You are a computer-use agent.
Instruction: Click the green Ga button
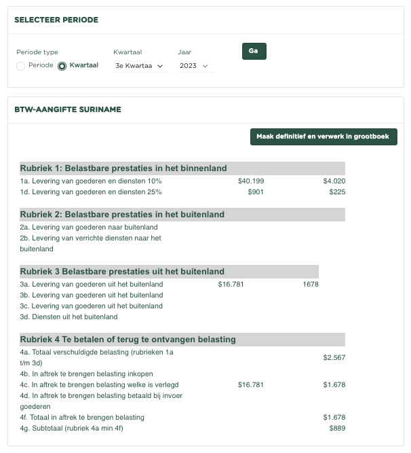pyautogui.click(x=254, y=52)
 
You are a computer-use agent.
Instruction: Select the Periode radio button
pyautogui.click(x=21, y=66)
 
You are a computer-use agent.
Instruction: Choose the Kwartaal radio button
pyautogui.click(x=62, y=66)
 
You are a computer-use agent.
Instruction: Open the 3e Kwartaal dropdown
pyautogui.click(x=140, y=66)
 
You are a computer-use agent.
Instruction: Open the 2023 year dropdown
pyautogui.click(x=194, y=66)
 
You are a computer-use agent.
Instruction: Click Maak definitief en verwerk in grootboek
pyautogui.click(x=324, y=137)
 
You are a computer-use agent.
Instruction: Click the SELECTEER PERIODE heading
pyautogui.click(x=56, y=20)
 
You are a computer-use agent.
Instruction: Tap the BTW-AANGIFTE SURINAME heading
pyautogui.click(x=67, y=109)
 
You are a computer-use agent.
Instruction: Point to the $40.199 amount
pyautogui.click(x=251, y=181)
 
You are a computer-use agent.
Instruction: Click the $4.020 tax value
pyautogui.click(x=334, y=181)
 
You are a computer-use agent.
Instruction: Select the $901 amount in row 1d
pyautogui.click(x=256, y=192)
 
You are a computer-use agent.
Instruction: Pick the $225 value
pyautogui.click(x=337, y=192)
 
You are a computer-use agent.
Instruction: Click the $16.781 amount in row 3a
pyautogui.click(x=231, y=284)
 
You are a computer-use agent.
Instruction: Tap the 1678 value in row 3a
pyautogui.click(x=310, y=284)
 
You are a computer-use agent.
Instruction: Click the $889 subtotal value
pyautogui.click(x=337, y=428)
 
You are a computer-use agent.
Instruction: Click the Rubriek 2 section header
pyautogui.click(x=122, y=215)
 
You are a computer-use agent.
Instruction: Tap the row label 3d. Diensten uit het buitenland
pyautogui.click(x=68, y=316)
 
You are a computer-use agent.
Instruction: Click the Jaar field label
pyautogui.click(x=184, y=52)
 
